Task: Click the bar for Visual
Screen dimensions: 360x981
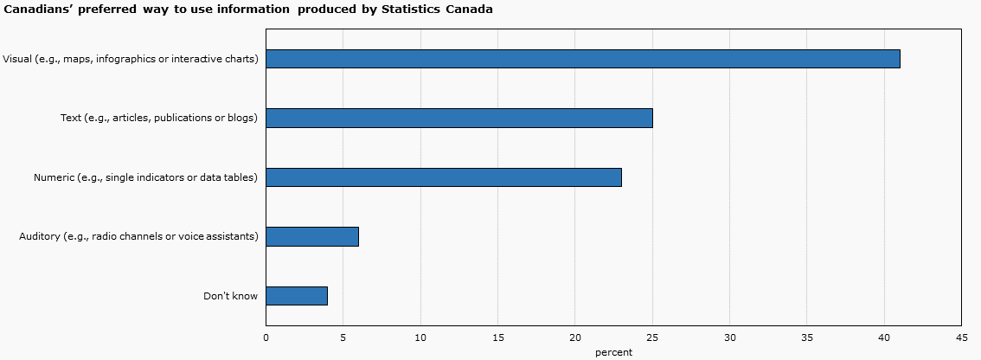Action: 582,59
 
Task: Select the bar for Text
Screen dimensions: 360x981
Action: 458,118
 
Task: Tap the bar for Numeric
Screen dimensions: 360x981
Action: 443,177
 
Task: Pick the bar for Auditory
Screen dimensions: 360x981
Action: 311,236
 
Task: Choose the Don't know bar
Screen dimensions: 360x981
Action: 296,296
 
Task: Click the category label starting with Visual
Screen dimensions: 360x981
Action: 131,59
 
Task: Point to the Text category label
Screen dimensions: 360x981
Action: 159,118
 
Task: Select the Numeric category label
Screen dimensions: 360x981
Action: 145,177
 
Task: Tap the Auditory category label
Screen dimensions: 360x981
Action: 138,236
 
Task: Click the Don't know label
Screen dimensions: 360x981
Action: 230,296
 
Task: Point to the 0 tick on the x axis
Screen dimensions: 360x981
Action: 266,337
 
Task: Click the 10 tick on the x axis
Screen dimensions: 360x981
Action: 420,337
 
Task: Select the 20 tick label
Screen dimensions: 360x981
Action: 575,337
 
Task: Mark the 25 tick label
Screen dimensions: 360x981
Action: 652,337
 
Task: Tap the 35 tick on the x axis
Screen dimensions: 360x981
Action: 807,337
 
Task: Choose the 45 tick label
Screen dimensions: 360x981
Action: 961,337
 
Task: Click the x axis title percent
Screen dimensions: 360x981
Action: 613,352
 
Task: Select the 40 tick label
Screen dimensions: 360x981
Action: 884,337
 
